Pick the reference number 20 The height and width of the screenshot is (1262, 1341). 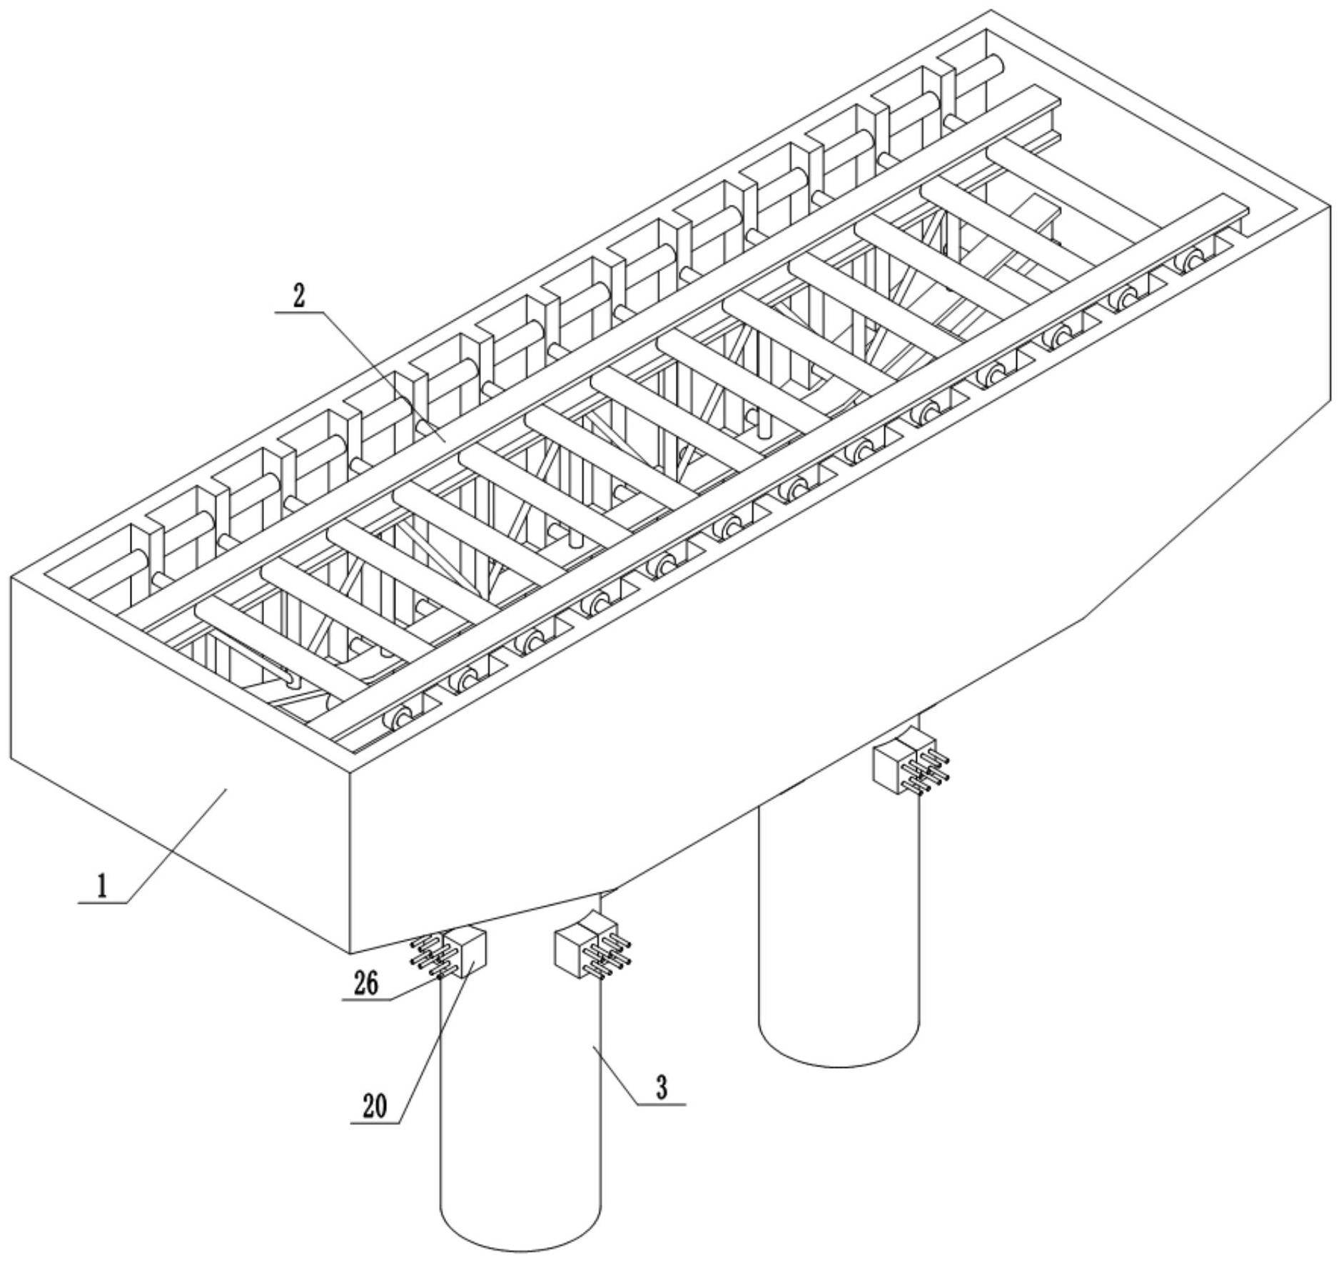coord(374,1106)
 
